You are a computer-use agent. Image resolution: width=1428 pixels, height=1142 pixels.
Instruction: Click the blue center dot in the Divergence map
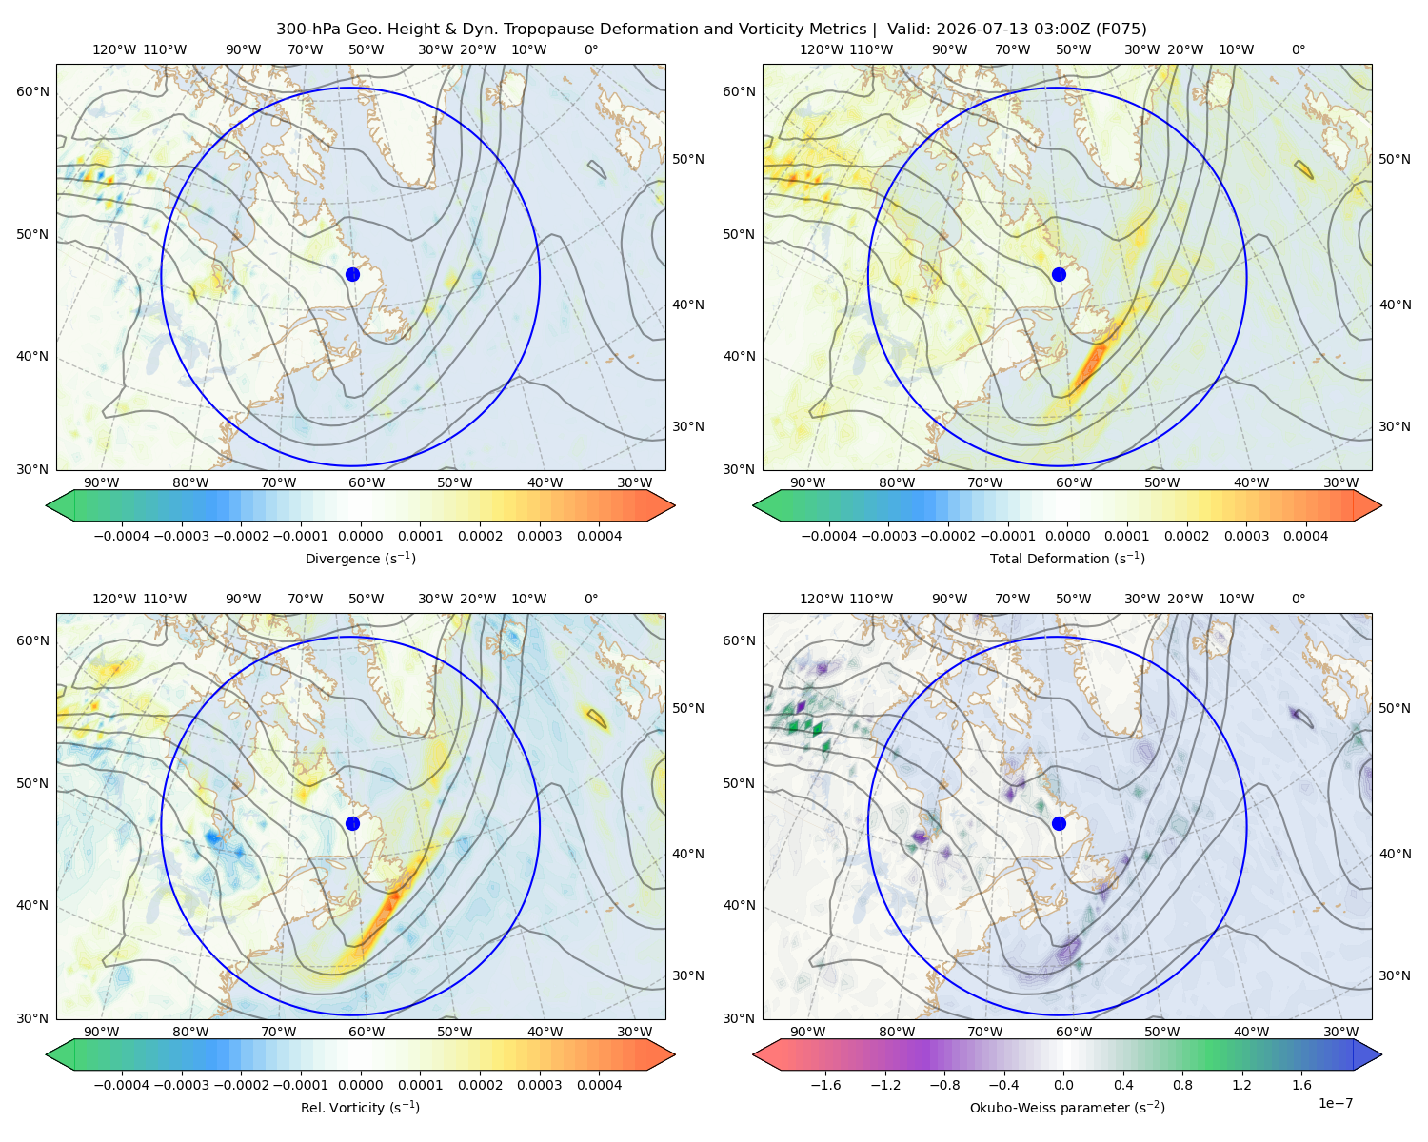pyautogui.click(x=352, y=274)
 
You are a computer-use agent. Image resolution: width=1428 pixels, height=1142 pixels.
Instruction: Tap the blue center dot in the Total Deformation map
pyautogui.click(x=1059, y=274)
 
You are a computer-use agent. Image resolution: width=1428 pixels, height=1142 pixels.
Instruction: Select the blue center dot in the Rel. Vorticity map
pyautogui.click(x=352, y=823)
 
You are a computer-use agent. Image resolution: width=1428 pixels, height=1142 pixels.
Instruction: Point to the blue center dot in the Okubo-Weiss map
pyautogui.click(x=1059, y=823)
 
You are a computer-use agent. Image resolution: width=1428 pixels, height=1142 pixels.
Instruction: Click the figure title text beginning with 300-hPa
pyautogui.click(x=711, y=30)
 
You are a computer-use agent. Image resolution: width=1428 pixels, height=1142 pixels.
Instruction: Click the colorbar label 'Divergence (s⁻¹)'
pyautogui.click(x=360, y=558)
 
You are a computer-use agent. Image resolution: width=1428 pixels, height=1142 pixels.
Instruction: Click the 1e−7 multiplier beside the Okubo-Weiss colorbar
pyautogui.click(x=1335, y=1103)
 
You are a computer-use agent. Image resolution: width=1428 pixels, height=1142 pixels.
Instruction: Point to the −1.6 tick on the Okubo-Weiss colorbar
pyautogui.click(x=825, y=1085)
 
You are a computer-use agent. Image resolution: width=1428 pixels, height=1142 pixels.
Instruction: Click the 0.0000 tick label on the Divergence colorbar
pyautogui.click(x=360, y=536)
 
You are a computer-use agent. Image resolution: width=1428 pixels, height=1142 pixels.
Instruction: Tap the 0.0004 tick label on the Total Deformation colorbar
pyautogui.click(x=1305, y=536)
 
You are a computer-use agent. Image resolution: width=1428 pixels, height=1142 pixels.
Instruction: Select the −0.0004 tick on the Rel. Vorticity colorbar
pyautogui.click(x=122, y=1085)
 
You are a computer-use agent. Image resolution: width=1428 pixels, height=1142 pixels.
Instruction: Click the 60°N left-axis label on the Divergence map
pyautogui.click(x=32, y=91)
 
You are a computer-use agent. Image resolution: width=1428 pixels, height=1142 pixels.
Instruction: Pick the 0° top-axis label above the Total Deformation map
pyautogui.click(x=1298, y=49)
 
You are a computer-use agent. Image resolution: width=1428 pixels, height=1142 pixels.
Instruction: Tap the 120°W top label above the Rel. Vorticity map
pyautogui.click(x=114, y=599)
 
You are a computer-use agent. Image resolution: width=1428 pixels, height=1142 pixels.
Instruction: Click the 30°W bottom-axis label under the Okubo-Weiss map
pyautogui.click(x=1340, y=1032)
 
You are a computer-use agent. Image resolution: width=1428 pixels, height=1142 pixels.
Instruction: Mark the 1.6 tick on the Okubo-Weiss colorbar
pyautogui.click(x=1301, y=1085)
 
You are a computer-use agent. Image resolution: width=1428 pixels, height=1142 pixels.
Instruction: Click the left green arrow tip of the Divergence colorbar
pyautogui.click(x=47, y=505)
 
